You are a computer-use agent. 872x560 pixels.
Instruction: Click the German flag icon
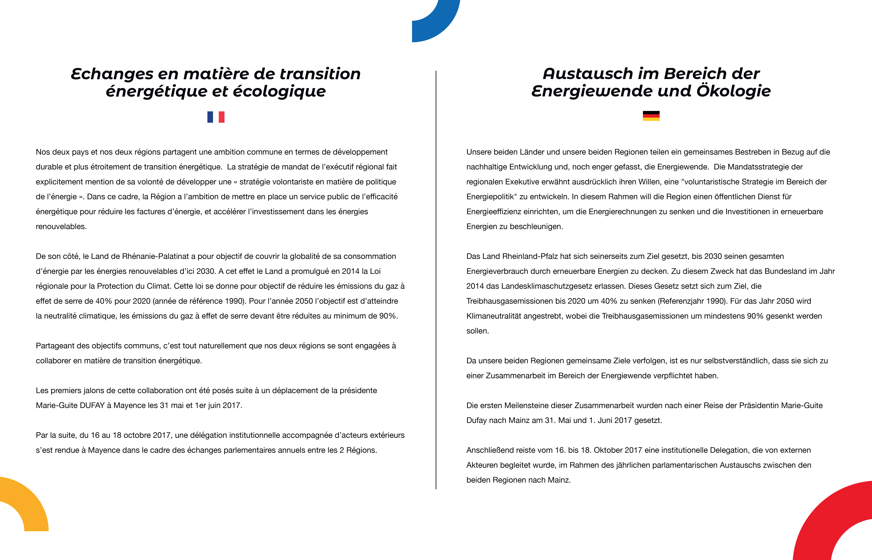tap(651, 116)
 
